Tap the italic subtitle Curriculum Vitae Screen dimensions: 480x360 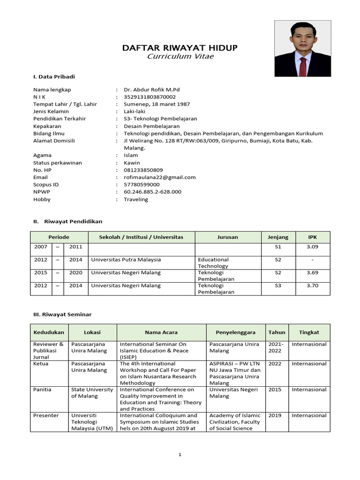pos(180,56)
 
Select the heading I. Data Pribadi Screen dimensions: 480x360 pos(54,76)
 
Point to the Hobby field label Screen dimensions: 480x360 pos(42,199)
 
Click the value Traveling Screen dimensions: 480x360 pos(136,199)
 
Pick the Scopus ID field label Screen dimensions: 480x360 pos(46,185)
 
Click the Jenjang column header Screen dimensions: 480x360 pos(278,237)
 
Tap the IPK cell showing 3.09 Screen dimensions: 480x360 pos(312,247)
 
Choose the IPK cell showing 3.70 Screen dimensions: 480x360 pos(312,285)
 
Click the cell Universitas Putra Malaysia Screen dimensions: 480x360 pos(126,260)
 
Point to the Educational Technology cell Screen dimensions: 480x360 pos(213,262)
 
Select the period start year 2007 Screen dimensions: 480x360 pos(40,247)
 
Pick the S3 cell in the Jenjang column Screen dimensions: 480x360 pos(278,285)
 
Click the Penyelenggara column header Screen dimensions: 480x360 pos(235,332)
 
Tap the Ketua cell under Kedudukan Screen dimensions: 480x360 pos(41,364)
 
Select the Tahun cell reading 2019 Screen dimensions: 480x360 pos(275,416)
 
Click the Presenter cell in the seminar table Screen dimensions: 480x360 pos(45,416)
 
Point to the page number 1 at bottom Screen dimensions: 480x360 pos(180,455)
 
